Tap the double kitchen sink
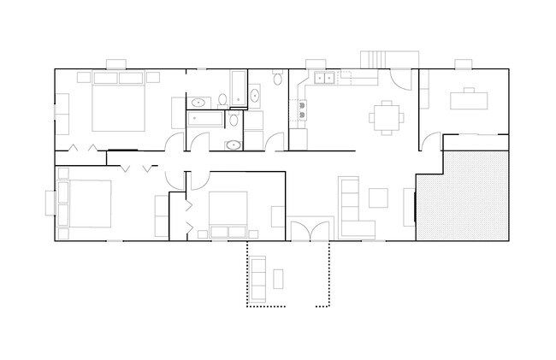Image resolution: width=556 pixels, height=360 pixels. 324,80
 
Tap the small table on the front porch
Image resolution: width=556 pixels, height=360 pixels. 279,277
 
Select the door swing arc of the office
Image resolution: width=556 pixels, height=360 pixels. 432,137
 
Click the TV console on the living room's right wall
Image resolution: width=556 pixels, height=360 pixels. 409,206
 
